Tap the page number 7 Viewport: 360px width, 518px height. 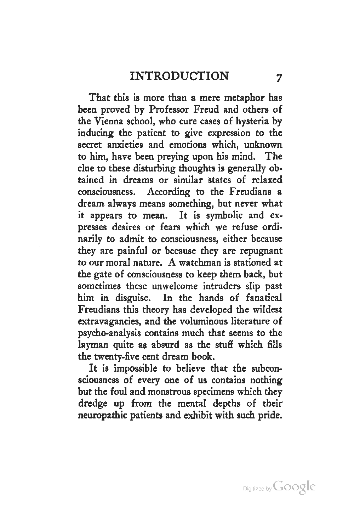pyautogui.click(x=279, y=77)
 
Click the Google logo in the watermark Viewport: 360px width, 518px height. pyautogui.click(x=294, y=487)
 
